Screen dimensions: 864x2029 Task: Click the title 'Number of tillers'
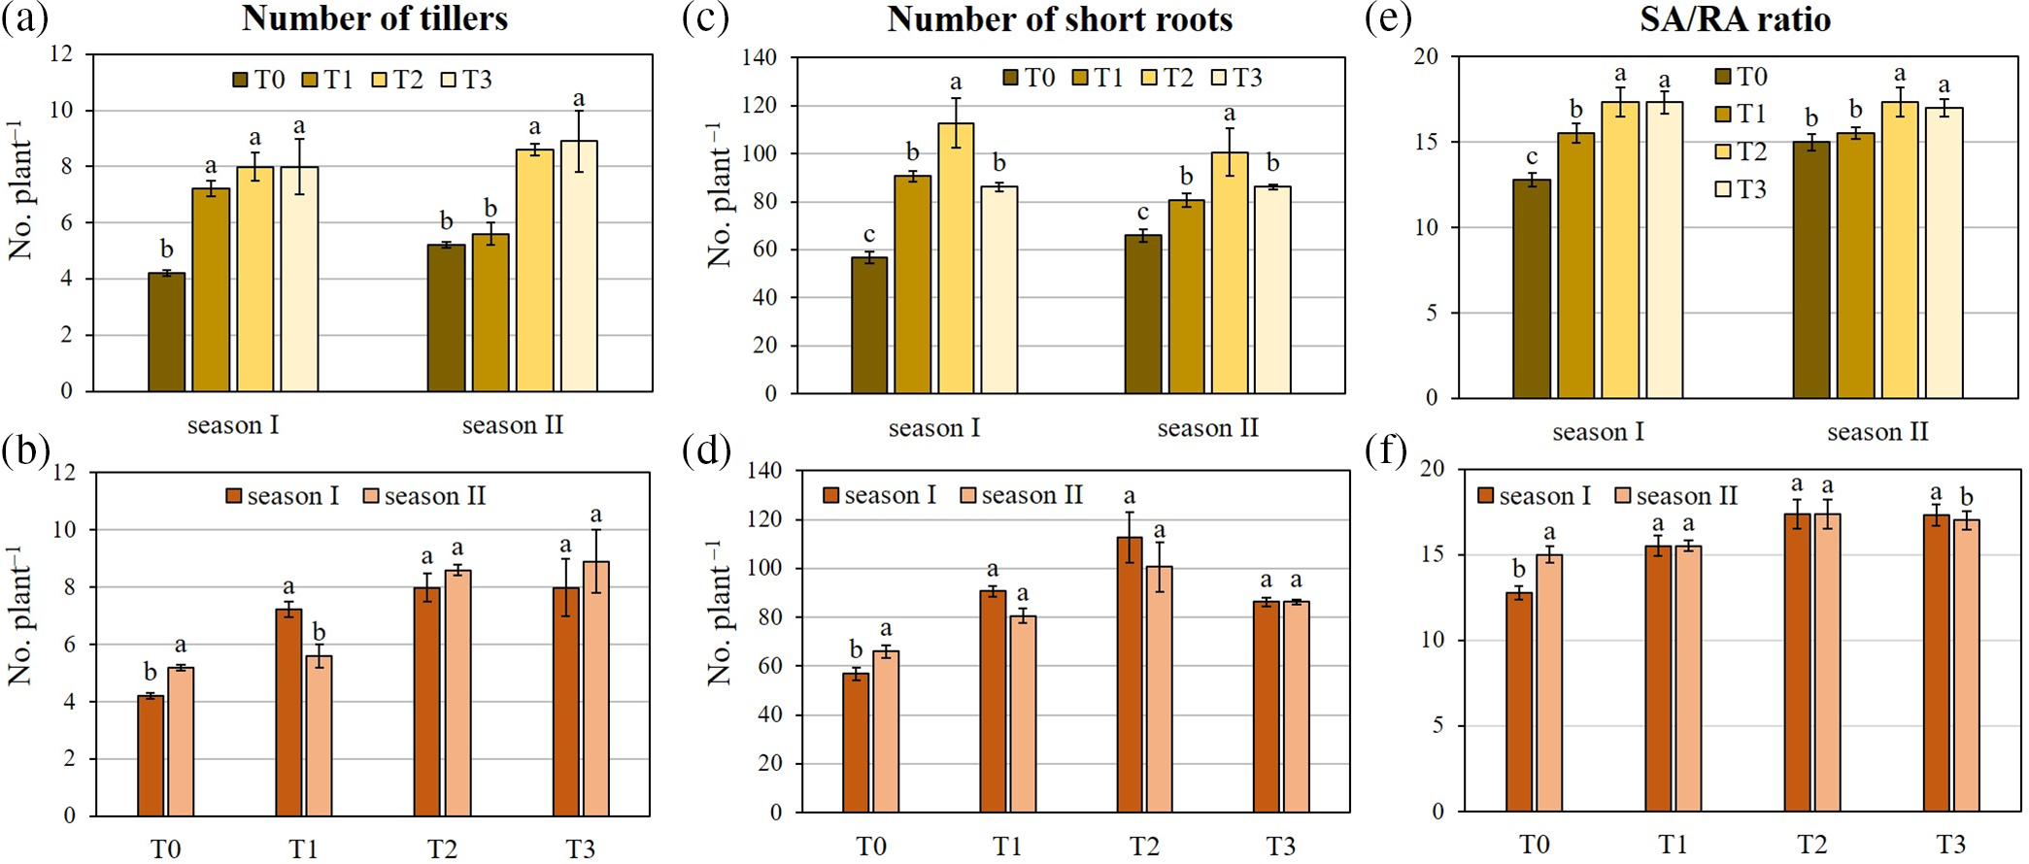pyautogui.click(x=375, y=18)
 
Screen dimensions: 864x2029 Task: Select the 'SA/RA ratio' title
pyautogui.click(x=1735, y=19)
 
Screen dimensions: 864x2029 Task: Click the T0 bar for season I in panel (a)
pyautogui.click(x=166, y=332)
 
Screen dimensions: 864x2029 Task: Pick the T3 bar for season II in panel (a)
pyautogui.click(x=579, y=266)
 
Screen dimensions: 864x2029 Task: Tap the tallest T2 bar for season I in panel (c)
pyautogui.click(x=956, y=258)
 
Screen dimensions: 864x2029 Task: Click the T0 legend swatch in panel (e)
pyautogui.click(x=1724, y=77)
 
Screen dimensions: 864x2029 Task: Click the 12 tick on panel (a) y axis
pyautogui.click(x=61, y=54)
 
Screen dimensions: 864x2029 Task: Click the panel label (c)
pyautogui.click(x=705, y=19)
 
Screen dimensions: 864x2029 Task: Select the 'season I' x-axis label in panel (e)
pyautogui.click(x=1598, y=432)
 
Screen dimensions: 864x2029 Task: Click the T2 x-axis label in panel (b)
pyautogui.click(x=442, y=848)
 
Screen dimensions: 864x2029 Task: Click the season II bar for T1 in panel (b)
pyautogui.click(x=319, y=736)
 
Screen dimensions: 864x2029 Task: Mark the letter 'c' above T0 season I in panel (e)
pyautogui.click(x=1532, y=157)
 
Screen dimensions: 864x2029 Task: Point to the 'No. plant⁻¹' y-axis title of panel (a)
pyautogui.click(x=21, y=190)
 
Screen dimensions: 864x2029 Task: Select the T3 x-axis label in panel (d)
pyautogui.click(x=1280, y=847)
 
